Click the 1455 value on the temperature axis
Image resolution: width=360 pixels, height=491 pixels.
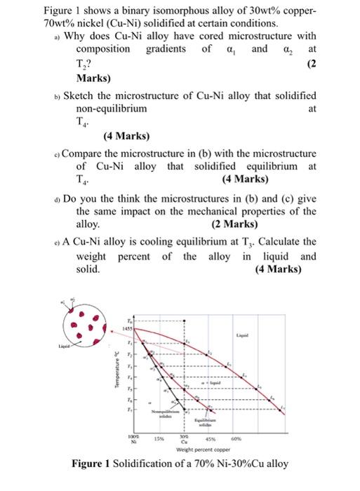coord(128,328)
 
